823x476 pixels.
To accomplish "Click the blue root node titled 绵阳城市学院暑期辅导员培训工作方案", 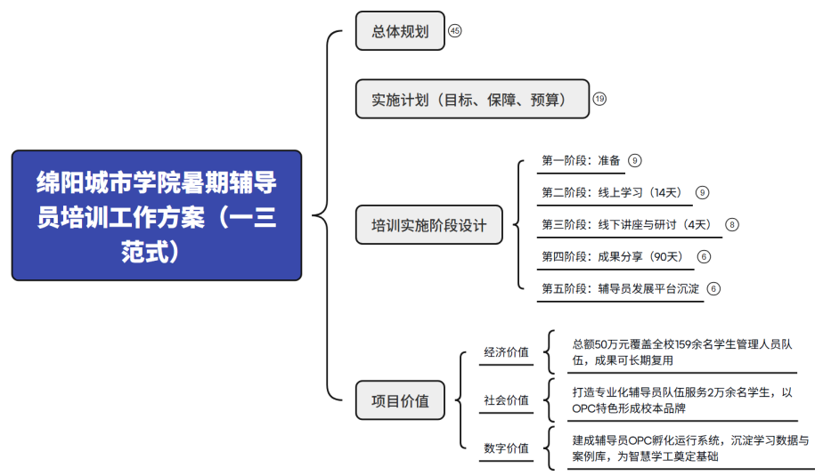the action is tap(157, 215).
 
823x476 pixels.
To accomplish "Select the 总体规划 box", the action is tap(400, 31).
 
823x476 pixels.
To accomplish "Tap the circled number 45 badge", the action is tap(454, 31).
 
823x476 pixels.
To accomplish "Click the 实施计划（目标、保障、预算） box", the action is tap(472, 99).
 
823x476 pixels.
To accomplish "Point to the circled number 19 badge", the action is tap(599, 99).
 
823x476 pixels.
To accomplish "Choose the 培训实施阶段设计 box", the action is tap(428, 225).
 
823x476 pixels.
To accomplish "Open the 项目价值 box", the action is tap(400, 400).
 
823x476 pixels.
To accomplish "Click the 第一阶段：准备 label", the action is tap(581, 160).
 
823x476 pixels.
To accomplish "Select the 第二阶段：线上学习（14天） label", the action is tap(614, 192).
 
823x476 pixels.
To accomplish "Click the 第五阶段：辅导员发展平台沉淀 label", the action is tap(621, 288).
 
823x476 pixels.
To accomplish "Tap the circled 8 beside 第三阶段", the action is tap(731, 225).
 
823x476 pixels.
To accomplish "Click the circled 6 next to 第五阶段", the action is tap(713, 289).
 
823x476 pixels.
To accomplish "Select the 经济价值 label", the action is tap(506, 352).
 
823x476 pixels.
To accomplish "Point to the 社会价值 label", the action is tap(506, 400).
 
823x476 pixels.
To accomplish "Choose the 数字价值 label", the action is tap(506, 448).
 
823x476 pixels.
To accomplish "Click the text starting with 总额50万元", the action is tap(681, 352).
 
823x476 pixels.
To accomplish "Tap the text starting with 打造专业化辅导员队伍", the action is tap(681, 400).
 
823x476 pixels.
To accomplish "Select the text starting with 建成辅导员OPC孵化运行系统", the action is tap(690, 448).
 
